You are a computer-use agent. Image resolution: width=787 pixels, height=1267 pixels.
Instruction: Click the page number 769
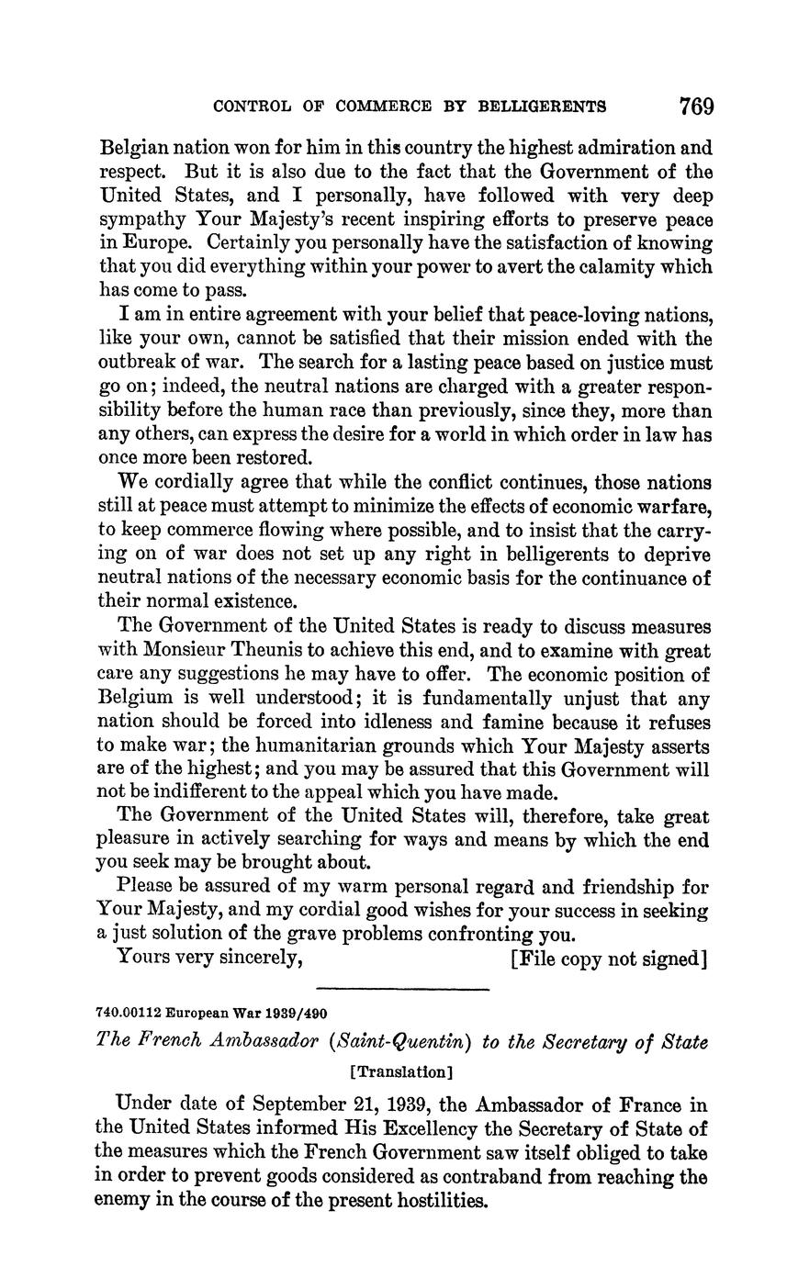tap(696, 107)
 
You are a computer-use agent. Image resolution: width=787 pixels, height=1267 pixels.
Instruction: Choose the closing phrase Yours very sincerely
tap(211, 959)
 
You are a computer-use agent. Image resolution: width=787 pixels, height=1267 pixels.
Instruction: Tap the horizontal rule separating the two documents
tap(402, 990)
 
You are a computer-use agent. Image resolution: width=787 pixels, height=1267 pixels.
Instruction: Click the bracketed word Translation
tap(402, 1071)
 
